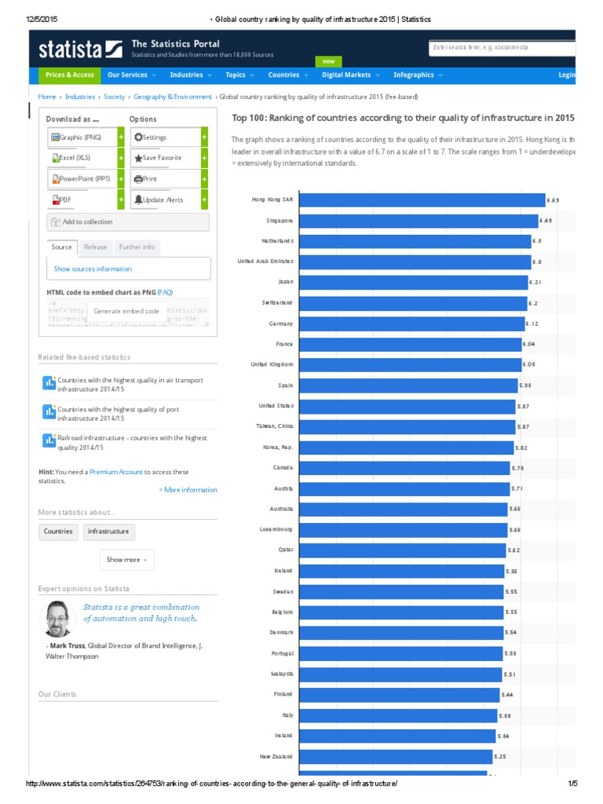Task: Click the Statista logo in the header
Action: [80, 49]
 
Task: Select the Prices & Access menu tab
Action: [70, 75]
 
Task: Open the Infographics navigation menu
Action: [418, 75]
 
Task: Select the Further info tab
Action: [137, 247]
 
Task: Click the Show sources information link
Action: [93, 269]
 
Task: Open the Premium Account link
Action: [116, 472]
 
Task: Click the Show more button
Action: [126, 560]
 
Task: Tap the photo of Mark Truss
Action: [57, 619]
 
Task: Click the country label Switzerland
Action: [277, 302]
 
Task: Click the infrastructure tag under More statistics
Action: [108, 532]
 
